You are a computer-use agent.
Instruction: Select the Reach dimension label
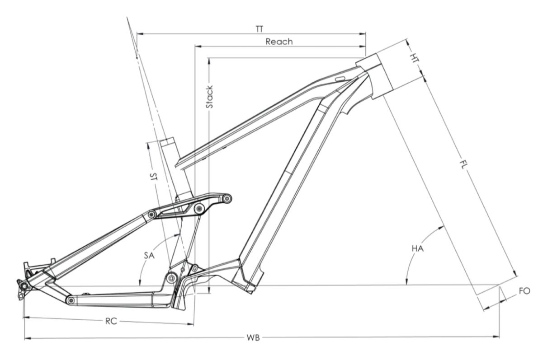click(x=279, y=42)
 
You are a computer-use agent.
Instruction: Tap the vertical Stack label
click(x=209, y=98)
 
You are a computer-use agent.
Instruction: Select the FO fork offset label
click(x=524, y=291)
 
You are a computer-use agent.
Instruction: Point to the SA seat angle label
click(x=150, y=255)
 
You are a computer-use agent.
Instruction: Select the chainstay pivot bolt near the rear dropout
click(x=70, y=300)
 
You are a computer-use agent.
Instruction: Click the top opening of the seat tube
click(x=167, y=141)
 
